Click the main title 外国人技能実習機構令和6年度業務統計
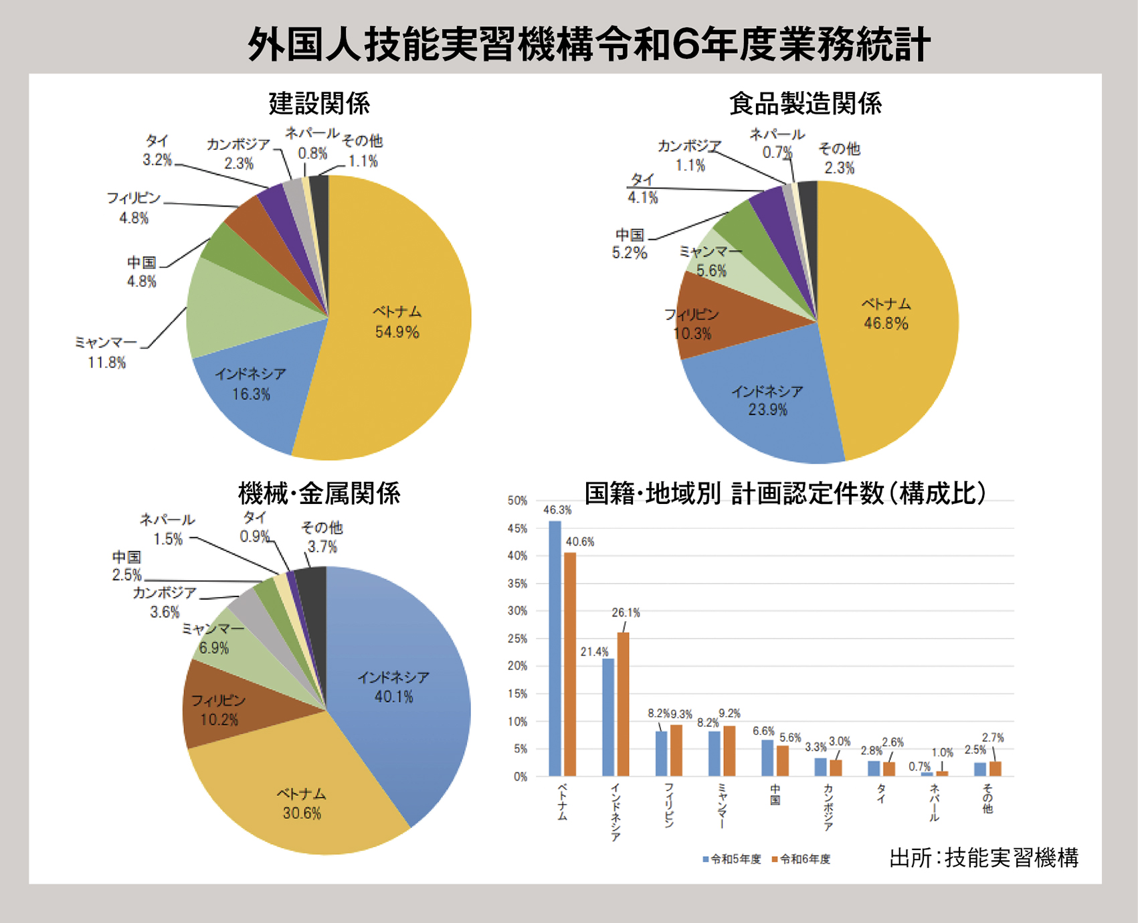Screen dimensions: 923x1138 point(589,44)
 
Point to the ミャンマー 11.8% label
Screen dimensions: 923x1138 point(106,353)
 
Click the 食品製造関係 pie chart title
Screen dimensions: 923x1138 point(805,104)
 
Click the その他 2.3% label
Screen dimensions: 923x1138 point(840,158)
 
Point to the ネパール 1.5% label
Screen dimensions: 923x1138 point(167,529)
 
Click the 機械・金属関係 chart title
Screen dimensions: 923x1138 point(319,494)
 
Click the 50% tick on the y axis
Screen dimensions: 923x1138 point(517,501)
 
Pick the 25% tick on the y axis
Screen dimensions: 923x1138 point(517,639)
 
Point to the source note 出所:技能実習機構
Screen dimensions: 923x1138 point(983,857)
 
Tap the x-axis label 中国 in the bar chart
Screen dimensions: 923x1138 point(775,795)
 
